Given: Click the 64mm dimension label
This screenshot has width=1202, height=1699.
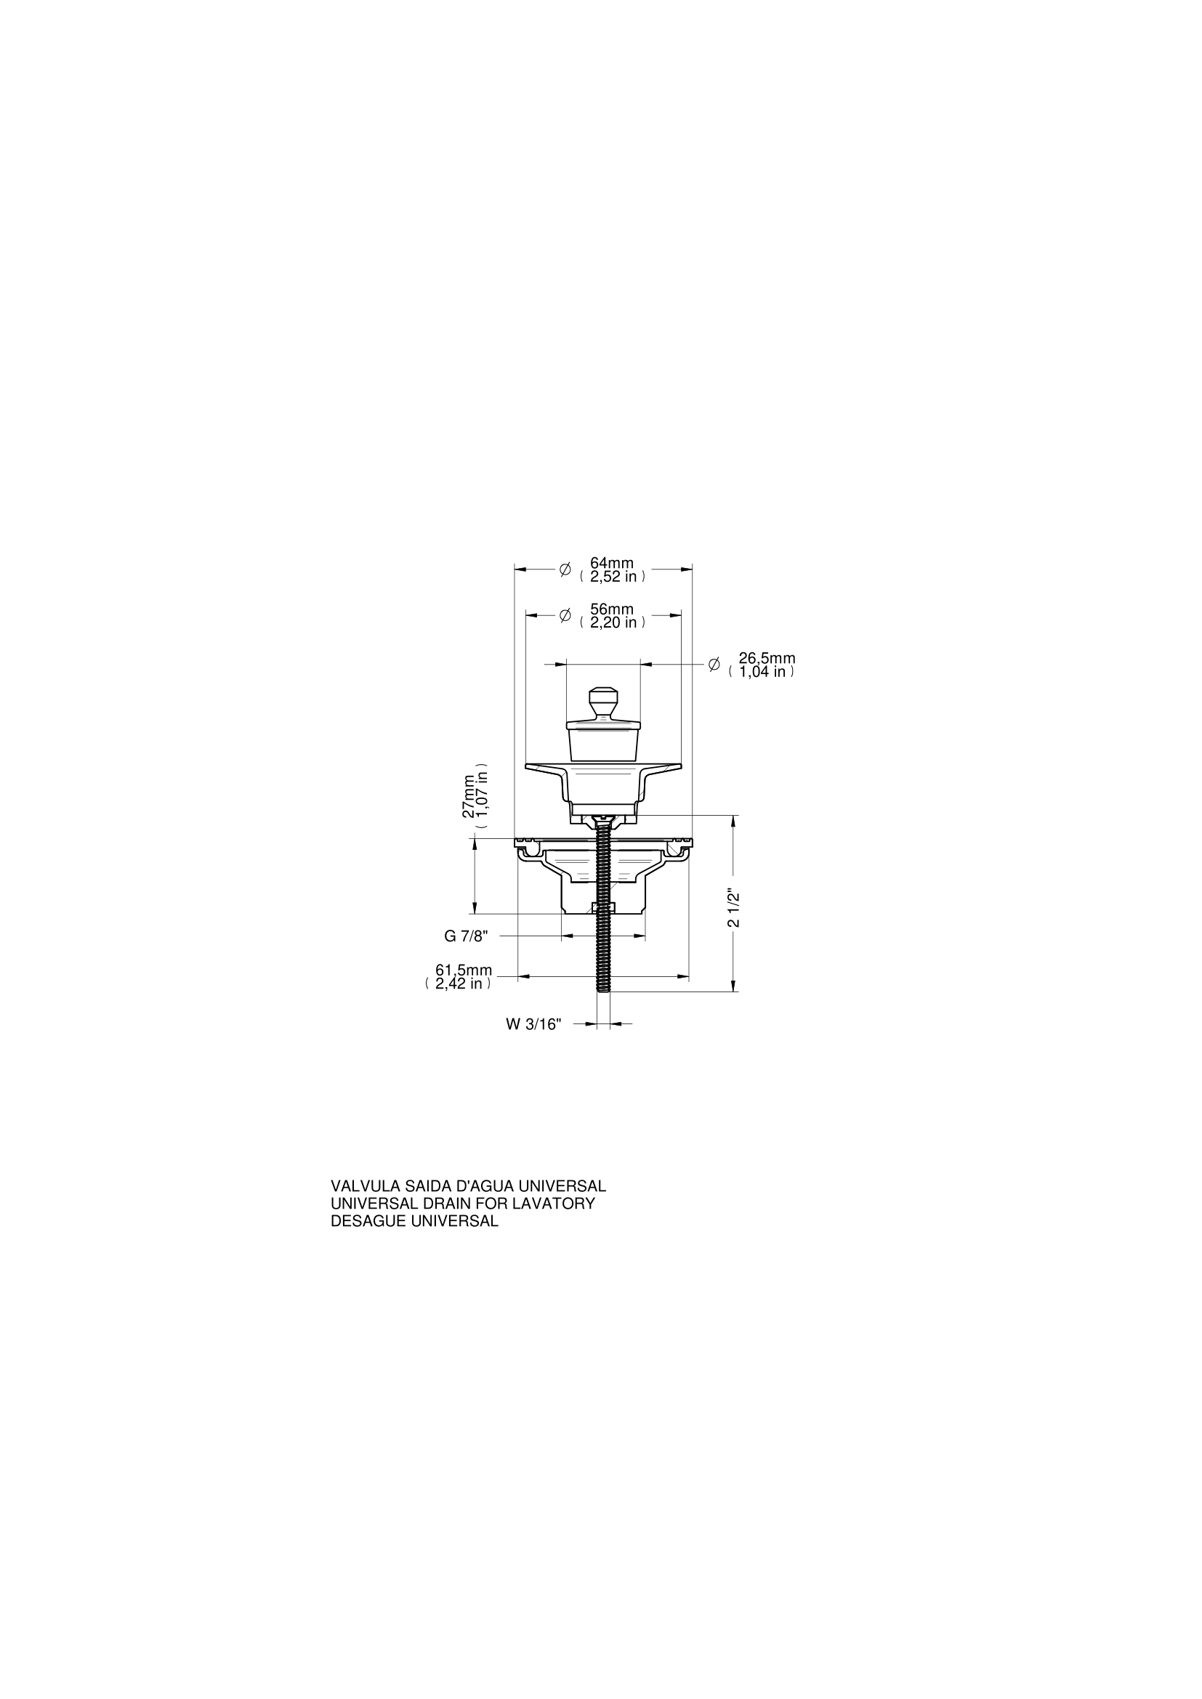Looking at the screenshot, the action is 611,563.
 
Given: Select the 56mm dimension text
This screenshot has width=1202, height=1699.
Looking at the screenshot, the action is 611,609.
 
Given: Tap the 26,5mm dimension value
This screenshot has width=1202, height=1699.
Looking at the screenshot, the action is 767,659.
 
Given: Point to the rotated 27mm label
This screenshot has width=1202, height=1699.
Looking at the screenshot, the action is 469,795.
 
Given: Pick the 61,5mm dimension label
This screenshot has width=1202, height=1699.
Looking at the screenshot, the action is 464,971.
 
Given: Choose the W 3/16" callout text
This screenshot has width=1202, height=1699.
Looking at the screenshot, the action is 533,1024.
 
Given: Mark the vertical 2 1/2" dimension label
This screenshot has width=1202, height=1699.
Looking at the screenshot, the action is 733,907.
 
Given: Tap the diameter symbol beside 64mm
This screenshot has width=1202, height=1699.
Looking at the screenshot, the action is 565,569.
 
